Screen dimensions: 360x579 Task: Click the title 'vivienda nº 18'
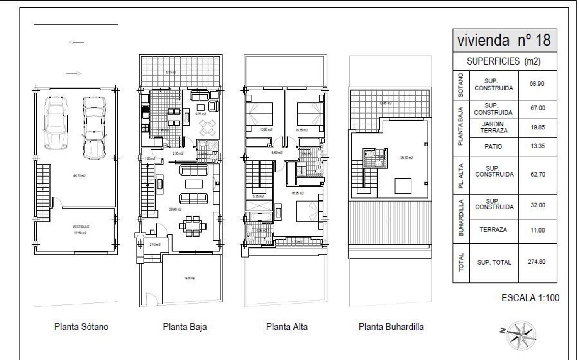504,40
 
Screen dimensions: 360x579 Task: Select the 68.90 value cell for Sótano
537,83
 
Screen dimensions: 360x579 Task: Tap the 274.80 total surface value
537,262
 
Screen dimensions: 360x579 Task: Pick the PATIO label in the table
493,147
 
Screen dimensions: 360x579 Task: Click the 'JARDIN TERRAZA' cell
494,127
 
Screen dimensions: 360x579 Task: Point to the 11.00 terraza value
537,230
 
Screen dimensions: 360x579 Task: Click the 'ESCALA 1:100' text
530,298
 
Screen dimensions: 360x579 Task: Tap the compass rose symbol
521,335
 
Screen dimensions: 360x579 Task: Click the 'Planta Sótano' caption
81,327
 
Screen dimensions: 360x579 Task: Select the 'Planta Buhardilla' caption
391,327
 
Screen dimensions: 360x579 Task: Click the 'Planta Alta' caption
287,327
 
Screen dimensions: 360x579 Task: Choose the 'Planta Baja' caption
185,327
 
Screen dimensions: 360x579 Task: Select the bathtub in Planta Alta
255,217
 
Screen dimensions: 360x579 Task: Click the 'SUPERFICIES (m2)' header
504,61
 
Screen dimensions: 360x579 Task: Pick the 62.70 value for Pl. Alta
537,174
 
